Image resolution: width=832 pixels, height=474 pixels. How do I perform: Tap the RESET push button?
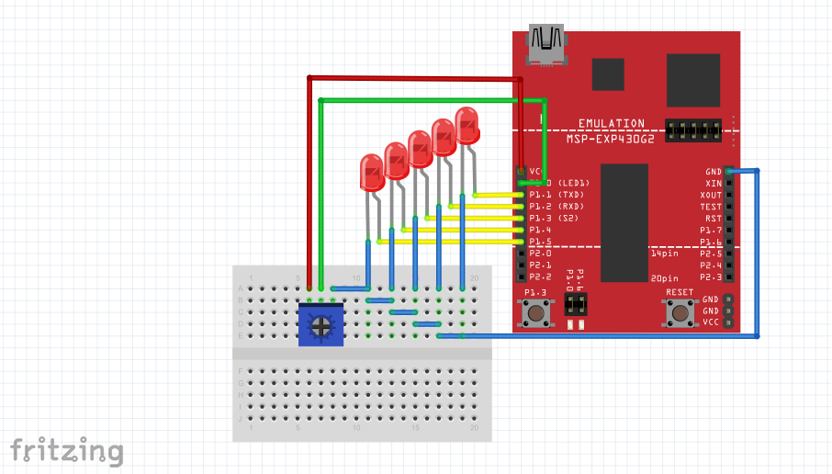tap(680, 313)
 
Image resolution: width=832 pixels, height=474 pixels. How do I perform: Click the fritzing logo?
tap(66, 450)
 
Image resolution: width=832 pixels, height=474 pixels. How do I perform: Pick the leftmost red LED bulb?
tap(372, 172)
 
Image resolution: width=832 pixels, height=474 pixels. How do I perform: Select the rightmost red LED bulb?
tap(467, 125)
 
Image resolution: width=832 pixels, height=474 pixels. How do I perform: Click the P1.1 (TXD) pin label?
tap(557, 195)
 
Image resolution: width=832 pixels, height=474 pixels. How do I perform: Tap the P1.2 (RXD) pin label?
tap(557, 207)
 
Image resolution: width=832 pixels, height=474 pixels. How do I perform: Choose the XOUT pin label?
tap(711, 195)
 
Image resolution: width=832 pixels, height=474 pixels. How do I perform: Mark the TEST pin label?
tap(711, 207)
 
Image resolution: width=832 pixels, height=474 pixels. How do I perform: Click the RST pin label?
tap(714, 219)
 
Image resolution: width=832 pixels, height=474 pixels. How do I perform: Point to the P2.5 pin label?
tap(711, 253)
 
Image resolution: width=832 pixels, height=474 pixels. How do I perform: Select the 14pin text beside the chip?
tap(664, 253)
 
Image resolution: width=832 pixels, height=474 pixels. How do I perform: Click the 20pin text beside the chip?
tap(664, 277)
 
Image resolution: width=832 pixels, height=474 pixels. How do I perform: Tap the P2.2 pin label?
tap(540, 276)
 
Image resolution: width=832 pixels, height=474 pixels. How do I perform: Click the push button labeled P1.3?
tap(535, 313)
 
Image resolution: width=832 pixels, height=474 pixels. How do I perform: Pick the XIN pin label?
tap(714, 183)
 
